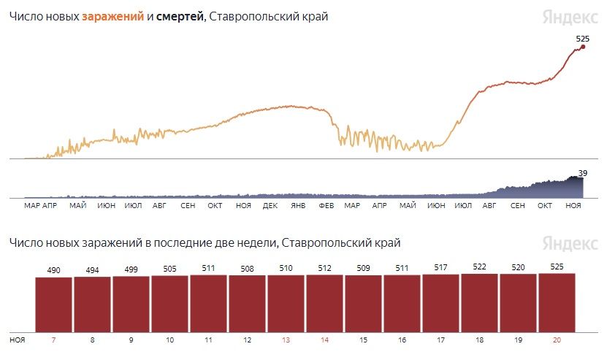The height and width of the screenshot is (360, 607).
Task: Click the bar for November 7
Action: point(54,304)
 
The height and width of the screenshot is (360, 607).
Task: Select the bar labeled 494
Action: point(93,303)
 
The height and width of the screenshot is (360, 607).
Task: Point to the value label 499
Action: point(131,269)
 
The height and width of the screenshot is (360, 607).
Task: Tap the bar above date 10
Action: point(170,302)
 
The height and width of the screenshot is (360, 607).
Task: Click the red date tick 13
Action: point(286,340)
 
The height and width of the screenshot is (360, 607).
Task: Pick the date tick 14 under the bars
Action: point(324,340)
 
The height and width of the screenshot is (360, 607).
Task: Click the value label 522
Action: point(479,267)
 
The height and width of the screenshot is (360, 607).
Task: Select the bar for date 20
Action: point(557,302)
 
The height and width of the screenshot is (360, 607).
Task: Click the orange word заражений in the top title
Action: point(112,17)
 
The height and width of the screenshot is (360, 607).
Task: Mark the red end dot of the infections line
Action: point(583,47)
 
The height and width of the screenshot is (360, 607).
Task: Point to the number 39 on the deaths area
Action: point(583,173)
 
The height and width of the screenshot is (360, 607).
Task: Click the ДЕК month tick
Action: point(270,206)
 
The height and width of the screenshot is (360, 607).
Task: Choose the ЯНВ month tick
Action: point(298,206)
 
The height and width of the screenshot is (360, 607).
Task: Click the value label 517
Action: point(440,267)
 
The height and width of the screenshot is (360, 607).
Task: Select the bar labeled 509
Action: point(363,302)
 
